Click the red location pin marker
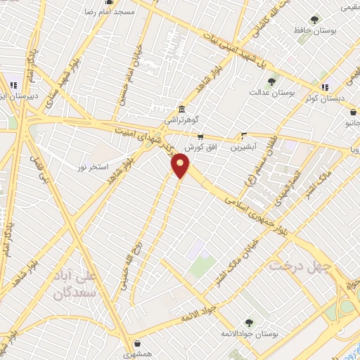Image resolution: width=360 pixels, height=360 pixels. (181, 166)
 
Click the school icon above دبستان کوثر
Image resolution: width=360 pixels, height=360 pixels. (325, 87)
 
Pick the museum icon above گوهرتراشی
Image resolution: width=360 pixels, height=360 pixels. (182, 110)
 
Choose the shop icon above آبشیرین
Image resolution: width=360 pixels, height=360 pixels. (244, 136)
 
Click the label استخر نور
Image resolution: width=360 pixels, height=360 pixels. (93, 167)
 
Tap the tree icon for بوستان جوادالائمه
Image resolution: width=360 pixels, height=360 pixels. (247, 323)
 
